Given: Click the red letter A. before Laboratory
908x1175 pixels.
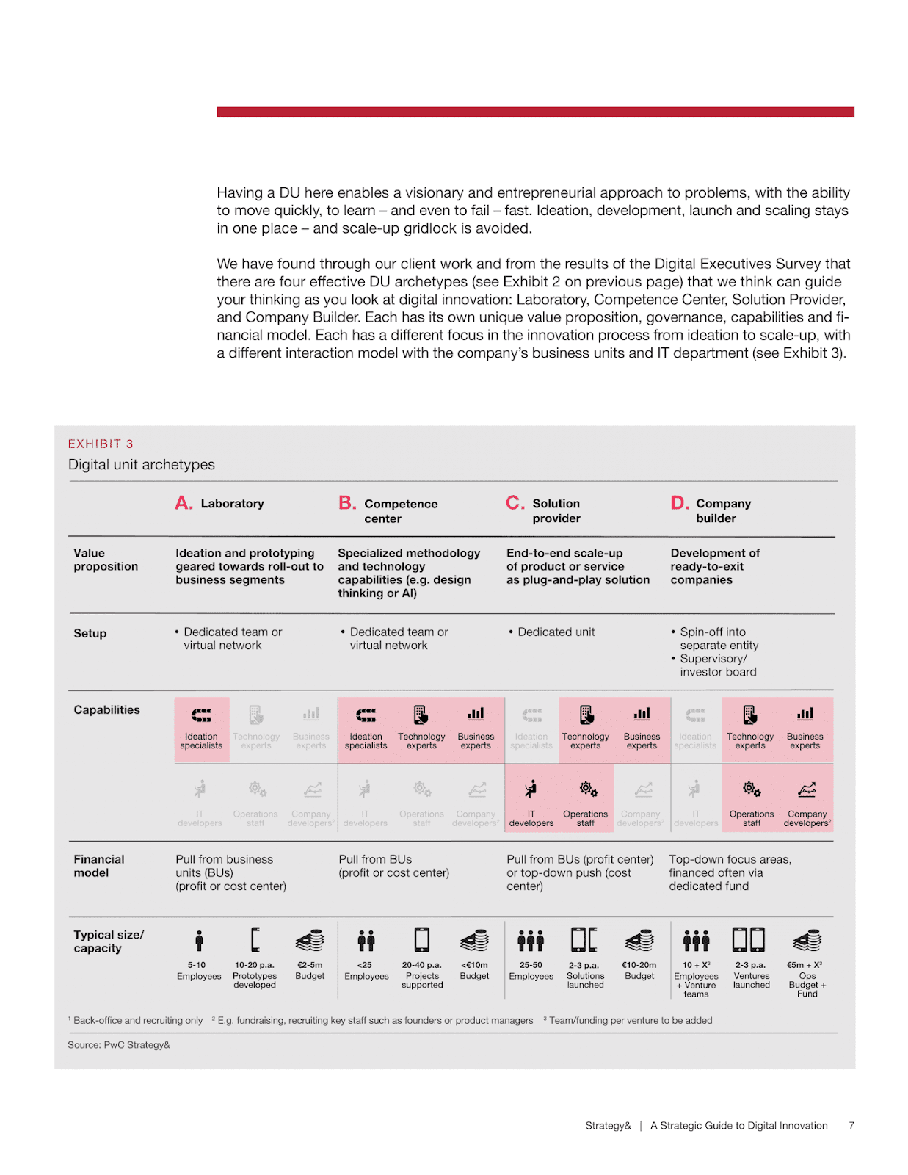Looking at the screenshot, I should (184, 503).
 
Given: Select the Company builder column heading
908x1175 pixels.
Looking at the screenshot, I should (722, 510).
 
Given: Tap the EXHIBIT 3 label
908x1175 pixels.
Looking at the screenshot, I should (101, 444).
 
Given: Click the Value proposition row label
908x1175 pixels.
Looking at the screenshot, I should (105, 560).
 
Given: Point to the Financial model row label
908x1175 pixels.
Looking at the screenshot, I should (98, 866).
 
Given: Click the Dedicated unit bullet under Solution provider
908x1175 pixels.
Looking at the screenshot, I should (556, 632).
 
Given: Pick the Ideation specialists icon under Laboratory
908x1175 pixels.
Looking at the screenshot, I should (201, 715).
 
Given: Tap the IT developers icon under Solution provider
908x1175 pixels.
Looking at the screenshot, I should (531, 789).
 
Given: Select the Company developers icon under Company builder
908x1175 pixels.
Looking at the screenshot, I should (806, 790).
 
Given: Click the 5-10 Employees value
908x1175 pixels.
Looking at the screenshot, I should (198, 970).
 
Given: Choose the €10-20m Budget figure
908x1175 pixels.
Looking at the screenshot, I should (639, 970).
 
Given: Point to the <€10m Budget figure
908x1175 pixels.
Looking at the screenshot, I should (474, 970).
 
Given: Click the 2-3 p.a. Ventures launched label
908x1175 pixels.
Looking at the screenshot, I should (751, 975).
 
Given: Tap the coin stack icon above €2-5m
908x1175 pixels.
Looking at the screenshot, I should (310, 940).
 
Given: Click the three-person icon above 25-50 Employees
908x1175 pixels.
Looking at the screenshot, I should (531, 940).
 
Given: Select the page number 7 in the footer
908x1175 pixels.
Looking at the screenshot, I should (851, 1125).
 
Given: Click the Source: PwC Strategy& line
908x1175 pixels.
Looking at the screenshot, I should (119, 1044).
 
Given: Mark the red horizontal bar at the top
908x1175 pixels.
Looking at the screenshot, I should (535, 112).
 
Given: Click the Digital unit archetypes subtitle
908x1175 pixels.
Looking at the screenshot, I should (142, 464).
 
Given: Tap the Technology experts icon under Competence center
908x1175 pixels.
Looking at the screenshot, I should (421, 715).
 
